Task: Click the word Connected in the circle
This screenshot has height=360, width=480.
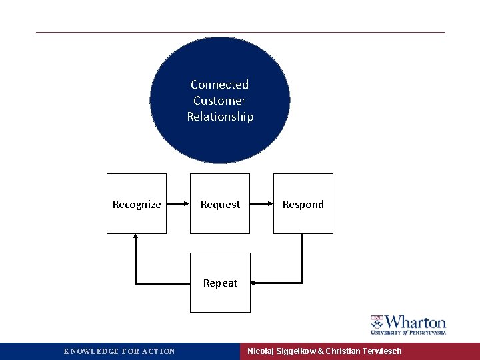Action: click(219, 85)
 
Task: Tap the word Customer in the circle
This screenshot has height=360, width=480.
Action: click(219, 101)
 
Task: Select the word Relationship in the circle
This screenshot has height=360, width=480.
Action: click(220, 117)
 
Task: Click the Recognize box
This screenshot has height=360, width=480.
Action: click(137, 204)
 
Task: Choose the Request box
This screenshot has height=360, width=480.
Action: click(220, 204)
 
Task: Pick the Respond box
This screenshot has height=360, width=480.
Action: click(303, 204)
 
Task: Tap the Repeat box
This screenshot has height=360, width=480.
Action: click(220, 283)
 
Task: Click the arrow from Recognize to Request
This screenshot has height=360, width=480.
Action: click(178, 204)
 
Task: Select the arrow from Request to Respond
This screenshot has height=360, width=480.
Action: click(261, 204)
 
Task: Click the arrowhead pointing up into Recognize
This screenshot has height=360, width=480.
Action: click(136, 237)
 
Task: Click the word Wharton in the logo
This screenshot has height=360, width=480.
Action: click(415, 321)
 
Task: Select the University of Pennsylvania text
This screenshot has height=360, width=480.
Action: click(408, 332)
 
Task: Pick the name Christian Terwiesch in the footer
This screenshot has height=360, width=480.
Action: click(363, 351)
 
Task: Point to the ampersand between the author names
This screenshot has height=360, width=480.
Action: click(320, 351)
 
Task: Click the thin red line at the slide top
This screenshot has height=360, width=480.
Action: click(240, 32)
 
